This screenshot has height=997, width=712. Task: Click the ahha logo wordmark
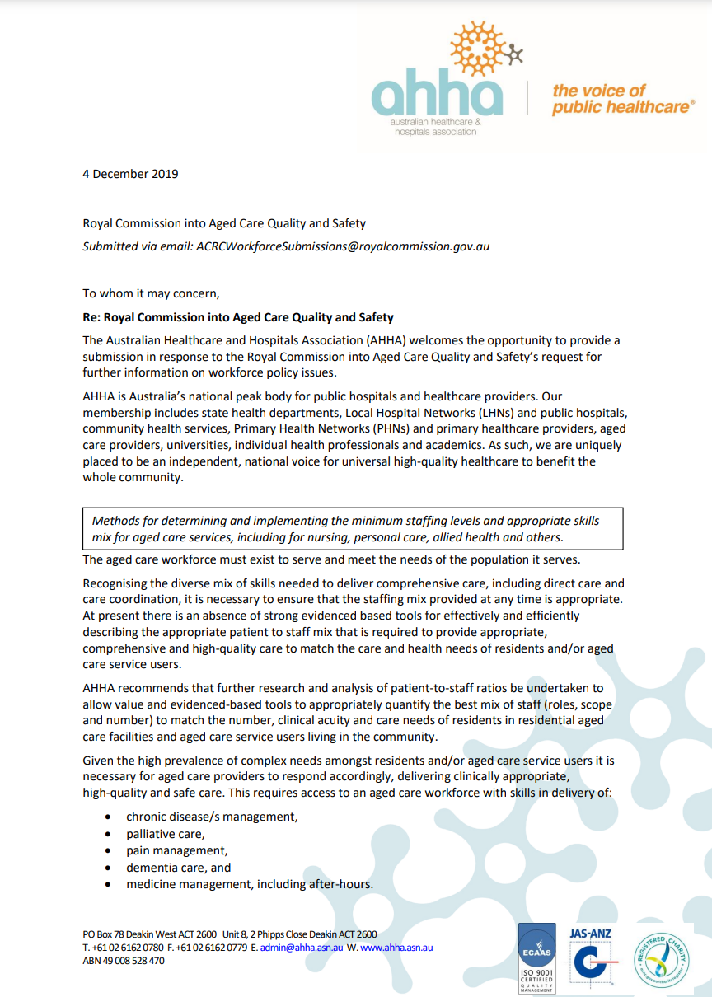point(437,96)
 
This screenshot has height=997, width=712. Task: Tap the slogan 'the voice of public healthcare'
point(622,99)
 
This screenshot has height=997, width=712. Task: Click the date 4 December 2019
point(130,174)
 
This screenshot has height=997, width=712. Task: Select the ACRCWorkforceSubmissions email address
point(342,246)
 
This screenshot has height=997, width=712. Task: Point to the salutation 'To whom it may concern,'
point(152,293)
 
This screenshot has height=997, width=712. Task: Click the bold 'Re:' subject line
point(238,317)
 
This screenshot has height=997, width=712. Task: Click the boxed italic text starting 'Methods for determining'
point(346,529)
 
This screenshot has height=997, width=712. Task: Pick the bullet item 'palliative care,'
point(165,834)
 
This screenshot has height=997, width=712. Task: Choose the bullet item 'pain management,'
point(176,850)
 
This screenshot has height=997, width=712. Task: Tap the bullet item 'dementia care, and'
point(178,868)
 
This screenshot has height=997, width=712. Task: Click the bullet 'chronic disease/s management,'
point(212,817)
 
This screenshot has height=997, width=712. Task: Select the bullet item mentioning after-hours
point(250,884)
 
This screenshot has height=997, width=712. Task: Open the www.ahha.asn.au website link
point(396,948)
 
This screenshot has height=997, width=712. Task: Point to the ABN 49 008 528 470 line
point(124,961)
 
